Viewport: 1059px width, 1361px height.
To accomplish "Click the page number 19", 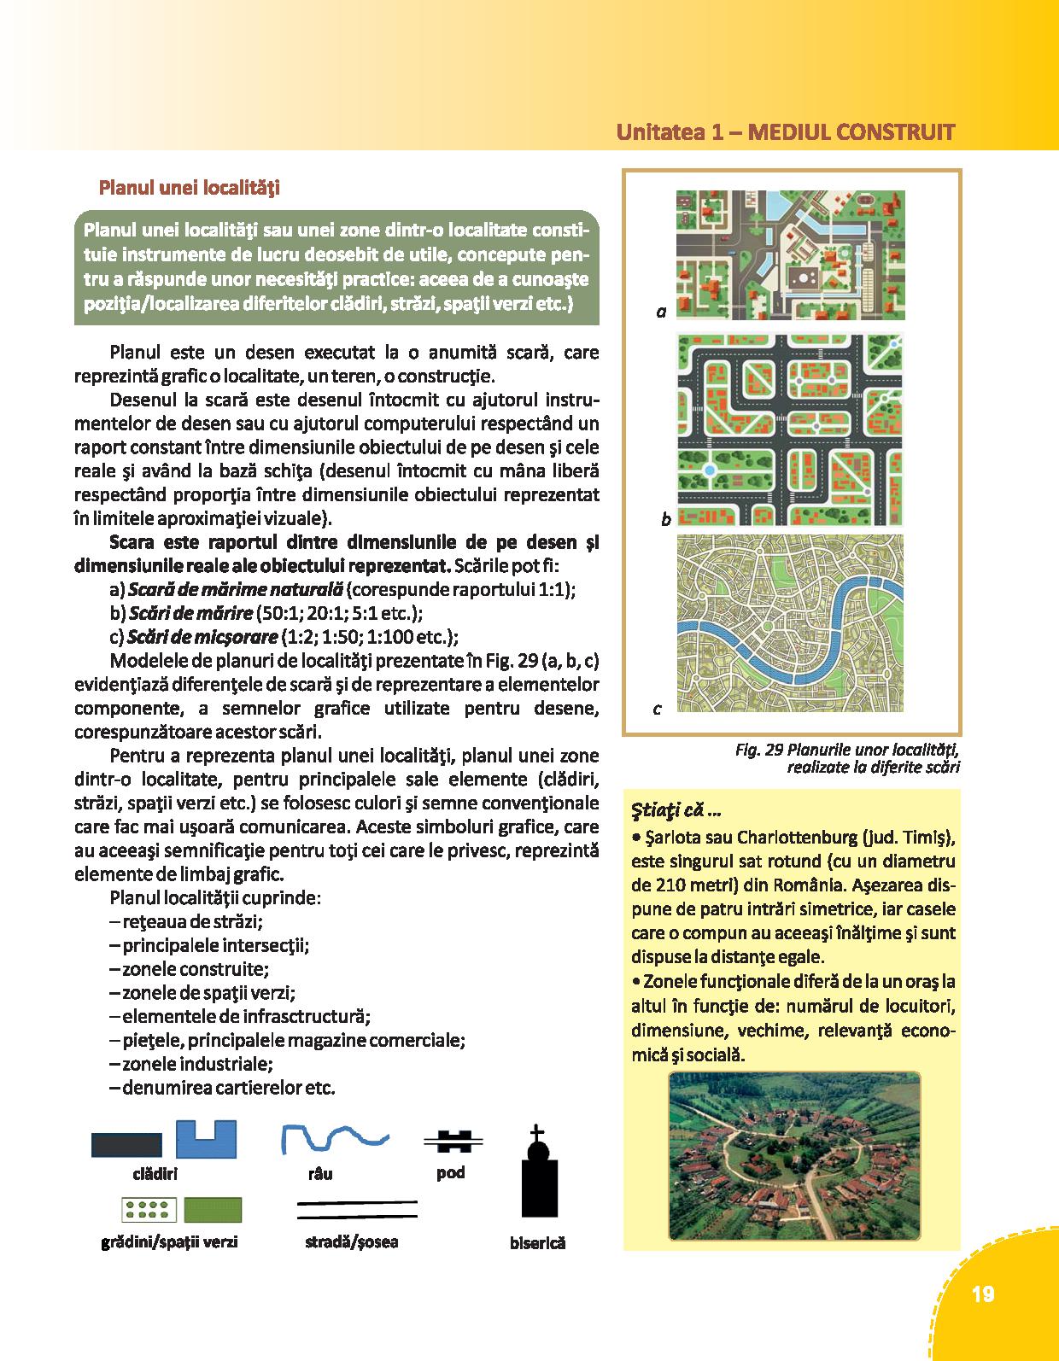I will pos(982,1294).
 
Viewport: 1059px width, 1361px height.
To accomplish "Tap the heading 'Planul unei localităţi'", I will pos(190,187).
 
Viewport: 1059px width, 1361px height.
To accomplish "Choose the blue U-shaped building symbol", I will pos(206,1139).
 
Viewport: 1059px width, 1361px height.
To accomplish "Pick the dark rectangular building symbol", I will pos(126,1145).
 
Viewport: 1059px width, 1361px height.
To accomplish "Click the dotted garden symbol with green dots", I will pos(149,1210).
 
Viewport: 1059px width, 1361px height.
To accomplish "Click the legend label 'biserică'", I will pos(537,1243).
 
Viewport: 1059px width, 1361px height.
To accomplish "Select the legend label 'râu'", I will pos(319,1174).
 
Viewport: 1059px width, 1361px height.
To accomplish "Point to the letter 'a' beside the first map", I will pos(661,313).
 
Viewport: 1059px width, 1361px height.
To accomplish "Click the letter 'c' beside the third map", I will pos(657,709).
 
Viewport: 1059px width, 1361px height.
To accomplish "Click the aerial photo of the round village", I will pos(794,1155).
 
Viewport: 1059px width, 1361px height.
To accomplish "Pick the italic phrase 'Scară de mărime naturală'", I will pos(235,589).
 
